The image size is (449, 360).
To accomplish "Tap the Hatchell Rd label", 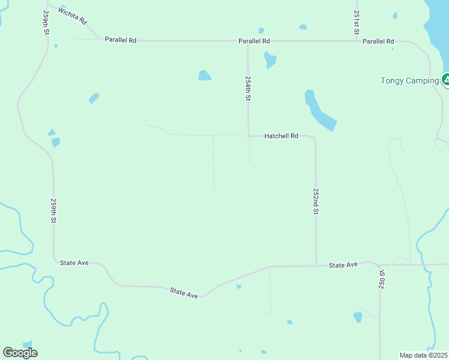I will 281,136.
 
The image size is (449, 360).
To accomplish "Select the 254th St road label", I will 247,88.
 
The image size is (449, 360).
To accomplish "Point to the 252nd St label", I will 316,200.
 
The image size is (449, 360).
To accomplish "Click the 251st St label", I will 357,22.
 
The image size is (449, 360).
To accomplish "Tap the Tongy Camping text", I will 409,81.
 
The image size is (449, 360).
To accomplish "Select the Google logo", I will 20,352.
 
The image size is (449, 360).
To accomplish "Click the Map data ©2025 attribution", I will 424,355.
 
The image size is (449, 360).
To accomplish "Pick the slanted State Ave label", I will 184,293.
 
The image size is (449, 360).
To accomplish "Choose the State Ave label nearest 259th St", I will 74,263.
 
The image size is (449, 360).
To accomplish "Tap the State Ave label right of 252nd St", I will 343,265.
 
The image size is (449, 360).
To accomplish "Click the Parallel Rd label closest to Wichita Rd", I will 121,40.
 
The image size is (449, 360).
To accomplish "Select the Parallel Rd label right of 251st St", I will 378,41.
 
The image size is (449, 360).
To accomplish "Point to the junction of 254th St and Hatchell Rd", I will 249,136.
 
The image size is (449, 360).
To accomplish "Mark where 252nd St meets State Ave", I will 316,265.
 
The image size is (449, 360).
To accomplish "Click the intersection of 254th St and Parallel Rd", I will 248,41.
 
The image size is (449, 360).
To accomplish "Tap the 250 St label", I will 382,280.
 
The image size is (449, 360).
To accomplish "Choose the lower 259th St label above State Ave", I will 53,211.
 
